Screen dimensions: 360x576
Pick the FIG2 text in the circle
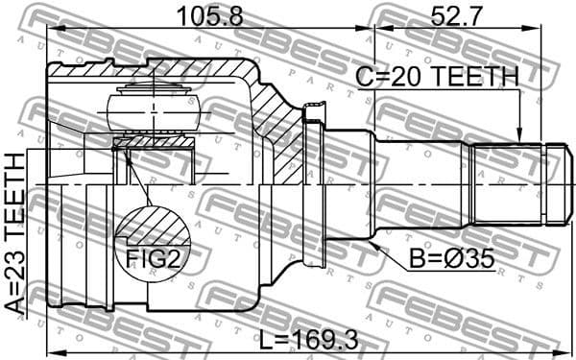(155, 256)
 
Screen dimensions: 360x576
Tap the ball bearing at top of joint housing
(154, 105)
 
